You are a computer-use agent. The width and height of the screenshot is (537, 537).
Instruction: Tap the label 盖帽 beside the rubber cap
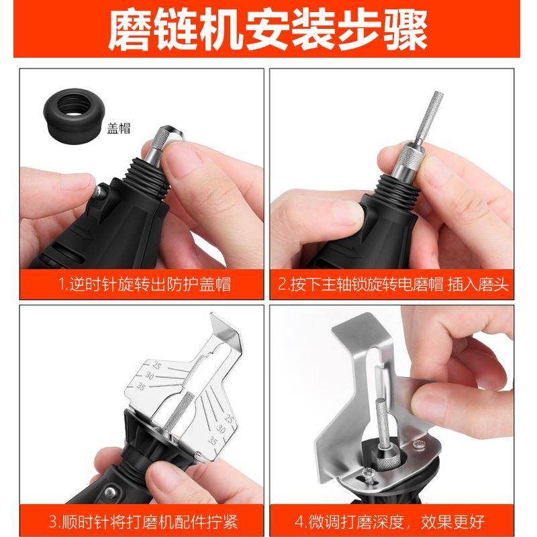[118, 130]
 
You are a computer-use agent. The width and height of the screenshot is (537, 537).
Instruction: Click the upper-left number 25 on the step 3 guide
[156, 366]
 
